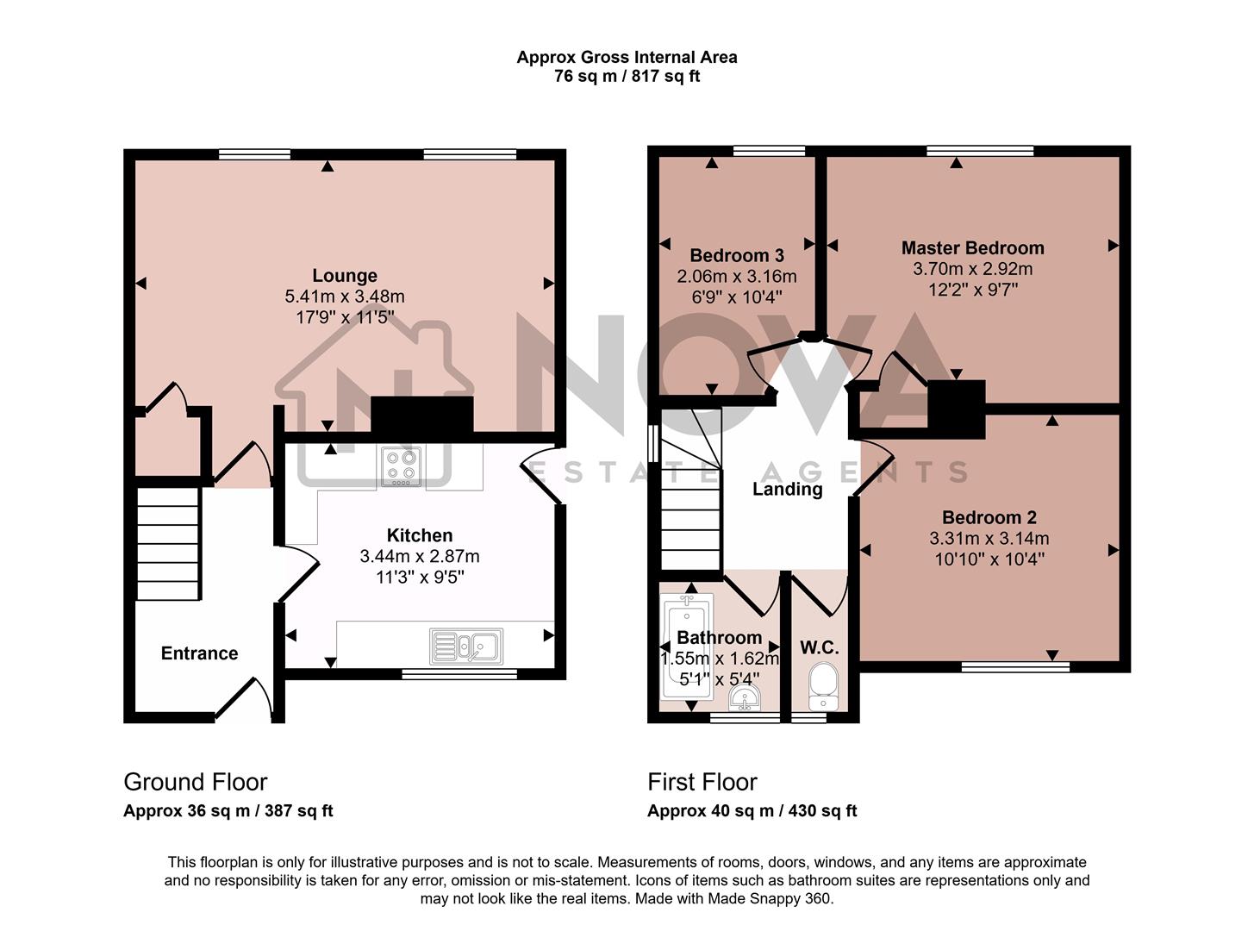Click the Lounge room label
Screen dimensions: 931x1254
(344, 276)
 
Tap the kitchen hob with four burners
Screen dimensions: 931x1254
(400, 467)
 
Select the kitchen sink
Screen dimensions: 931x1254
(467, 646)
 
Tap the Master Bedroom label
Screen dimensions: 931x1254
(972, 248)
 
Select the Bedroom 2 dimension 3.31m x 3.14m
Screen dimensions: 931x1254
(989, 539)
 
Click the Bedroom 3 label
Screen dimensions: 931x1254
(736, 256)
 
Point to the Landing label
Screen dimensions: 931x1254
(787, 490)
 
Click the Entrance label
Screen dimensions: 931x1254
(199, 653)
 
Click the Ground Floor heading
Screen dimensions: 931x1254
(196, 782)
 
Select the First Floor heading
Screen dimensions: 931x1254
(702, 782)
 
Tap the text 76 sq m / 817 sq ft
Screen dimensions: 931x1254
(627, 77)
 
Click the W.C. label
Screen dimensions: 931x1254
(819, 647)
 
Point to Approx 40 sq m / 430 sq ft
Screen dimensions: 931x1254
(752, 811)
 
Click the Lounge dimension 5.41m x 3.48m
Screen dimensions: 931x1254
(344, 297)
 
